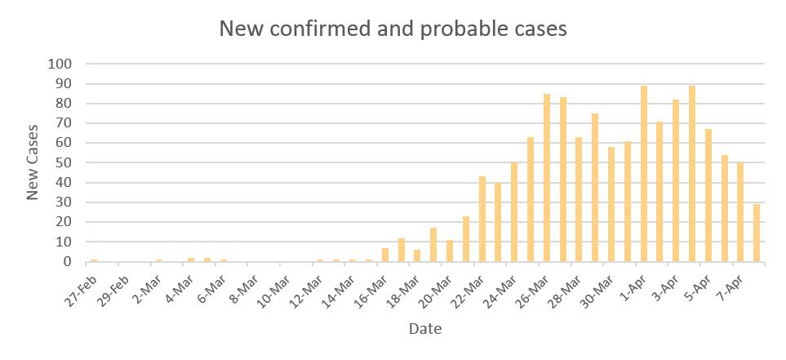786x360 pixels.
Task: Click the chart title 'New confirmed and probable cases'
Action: click(393, 29)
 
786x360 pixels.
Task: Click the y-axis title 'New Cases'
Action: click(33, 162)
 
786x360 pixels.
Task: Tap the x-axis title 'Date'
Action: click(425, 329)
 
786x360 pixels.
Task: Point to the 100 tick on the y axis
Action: click(61, 64)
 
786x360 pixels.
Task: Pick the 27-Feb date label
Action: click(82, 282)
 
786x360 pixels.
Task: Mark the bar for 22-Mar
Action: click(482, 220)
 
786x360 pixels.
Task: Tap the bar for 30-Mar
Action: click(611, 205)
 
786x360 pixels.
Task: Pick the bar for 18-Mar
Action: click(417, 256)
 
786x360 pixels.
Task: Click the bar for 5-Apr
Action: click(708, 196)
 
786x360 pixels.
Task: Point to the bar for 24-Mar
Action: click(514, 212)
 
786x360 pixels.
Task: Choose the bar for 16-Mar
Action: click(385, 256)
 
